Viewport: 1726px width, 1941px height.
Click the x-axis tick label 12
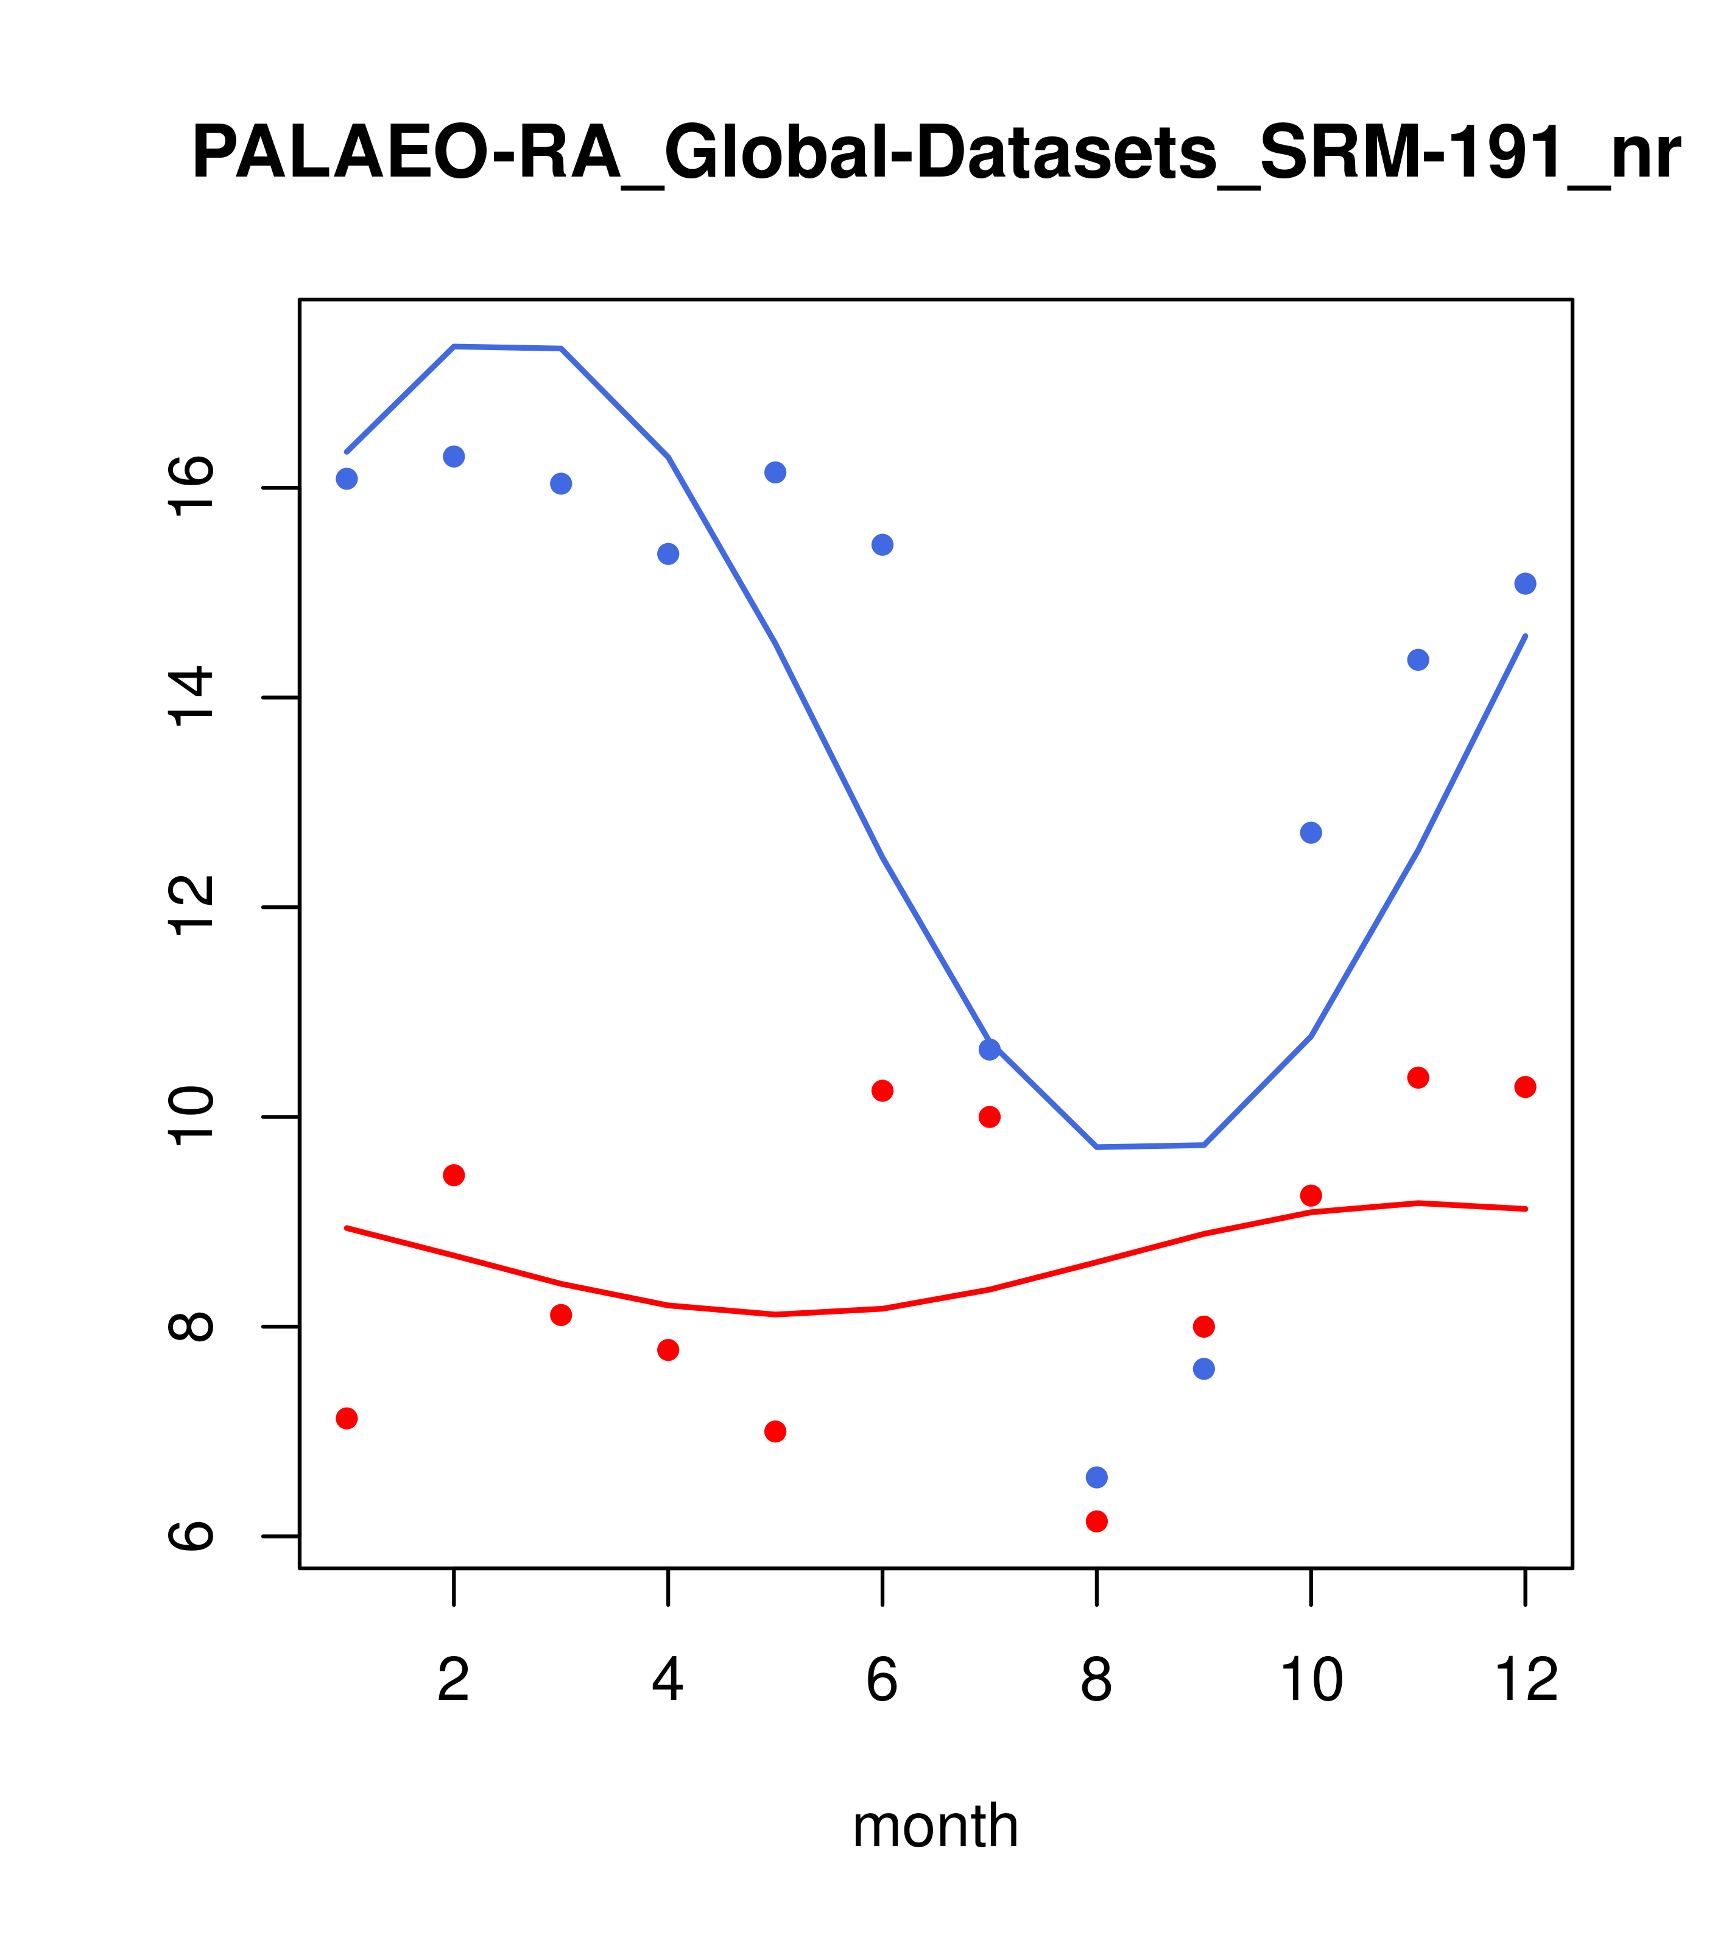(1526, 1680)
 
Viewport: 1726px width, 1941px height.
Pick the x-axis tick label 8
(1096, 1680)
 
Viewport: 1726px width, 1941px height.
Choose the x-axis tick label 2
(454, 1680)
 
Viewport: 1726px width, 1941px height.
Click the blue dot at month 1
(347, 479)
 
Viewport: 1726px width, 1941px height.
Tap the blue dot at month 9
(1203, 1369)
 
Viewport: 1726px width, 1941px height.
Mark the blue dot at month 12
(1526, 583)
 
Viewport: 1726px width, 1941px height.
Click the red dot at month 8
(1096, 1522)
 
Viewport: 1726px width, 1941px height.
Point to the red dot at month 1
(347, 1418)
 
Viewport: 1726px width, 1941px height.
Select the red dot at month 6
(882, 1090)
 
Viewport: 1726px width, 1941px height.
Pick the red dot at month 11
(1418, 1077)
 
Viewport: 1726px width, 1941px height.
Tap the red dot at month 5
(775, 1431)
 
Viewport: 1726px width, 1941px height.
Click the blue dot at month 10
(1311, 833)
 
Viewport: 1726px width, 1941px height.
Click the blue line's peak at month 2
(454, 346)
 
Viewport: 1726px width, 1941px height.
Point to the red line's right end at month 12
(1526, 1209)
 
